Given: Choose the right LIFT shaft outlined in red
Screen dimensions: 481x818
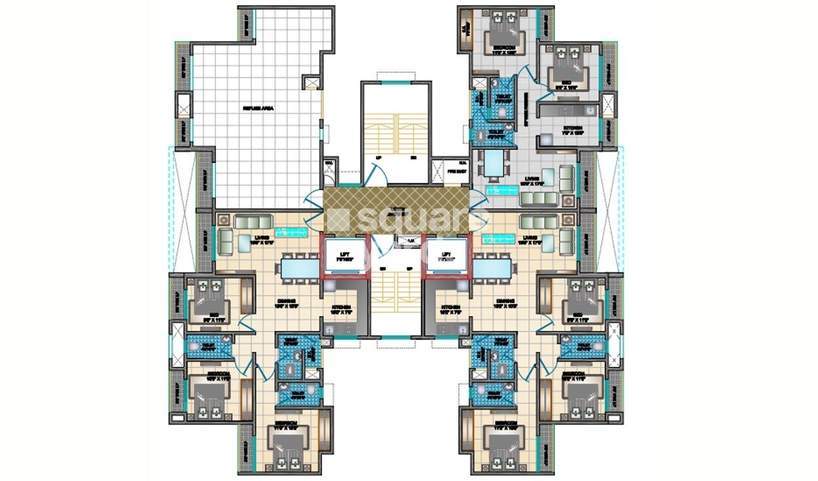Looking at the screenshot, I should pyautogui.click(x=447, y=255).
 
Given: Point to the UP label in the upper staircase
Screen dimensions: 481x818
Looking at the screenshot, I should pyautogui.click(x=378, y=158).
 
